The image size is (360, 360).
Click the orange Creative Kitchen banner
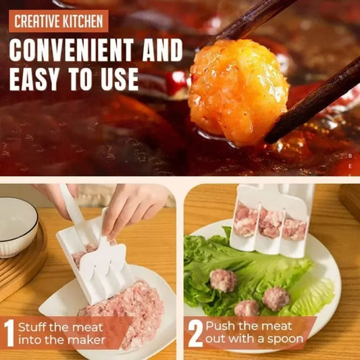pos(59,20)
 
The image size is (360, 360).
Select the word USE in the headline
pos(118,79)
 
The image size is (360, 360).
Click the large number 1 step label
pos(9,333)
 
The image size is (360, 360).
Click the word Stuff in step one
pos(32,328)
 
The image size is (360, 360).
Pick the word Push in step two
pos(219,326)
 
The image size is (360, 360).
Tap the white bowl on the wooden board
pos(17,226)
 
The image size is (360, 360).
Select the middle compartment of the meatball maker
pos(269,223)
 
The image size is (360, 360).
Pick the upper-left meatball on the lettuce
pos(223,280)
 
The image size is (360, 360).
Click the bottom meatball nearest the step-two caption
pos(247,308)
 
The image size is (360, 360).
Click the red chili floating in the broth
pos(177,82)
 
